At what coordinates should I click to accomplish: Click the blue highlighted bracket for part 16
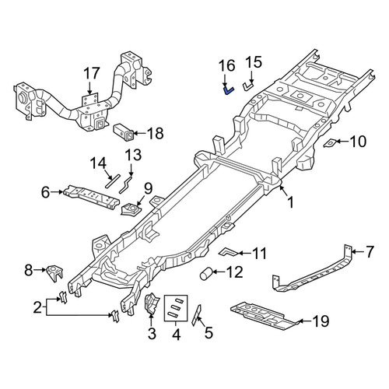228,91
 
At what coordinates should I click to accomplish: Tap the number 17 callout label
92,73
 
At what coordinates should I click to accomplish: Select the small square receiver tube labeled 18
124,133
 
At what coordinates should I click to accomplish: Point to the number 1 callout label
291,202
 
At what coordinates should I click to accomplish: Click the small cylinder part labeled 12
205,275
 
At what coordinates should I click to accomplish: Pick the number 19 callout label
321,321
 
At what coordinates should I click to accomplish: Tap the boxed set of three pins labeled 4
176,308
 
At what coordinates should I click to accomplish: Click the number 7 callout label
370,251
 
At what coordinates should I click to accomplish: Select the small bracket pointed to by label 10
331,143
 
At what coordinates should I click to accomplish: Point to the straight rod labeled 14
113,180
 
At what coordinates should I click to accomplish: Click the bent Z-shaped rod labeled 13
126,184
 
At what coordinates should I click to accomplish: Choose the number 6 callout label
45,192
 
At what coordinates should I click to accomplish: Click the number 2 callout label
37,308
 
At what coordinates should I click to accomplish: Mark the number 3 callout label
152,334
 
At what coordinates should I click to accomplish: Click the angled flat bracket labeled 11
228,252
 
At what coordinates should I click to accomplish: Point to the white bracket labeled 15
247,86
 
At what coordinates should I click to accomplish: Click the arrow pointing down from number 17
89,88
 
